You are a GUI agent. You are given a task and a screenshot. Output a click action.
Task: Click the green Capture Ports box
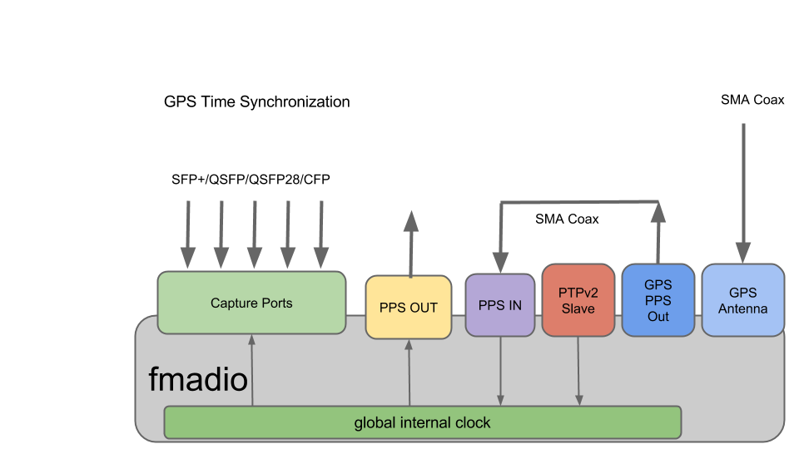(251, 303)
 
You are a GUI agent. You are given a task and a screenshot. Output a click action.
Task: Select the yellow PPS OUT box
(408, 308)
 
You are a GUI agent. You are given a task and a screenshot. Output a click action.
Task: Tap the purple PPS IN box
(499, 305)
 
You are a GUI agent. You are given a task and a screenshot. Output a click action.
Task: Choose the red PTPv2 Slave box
(578, 300)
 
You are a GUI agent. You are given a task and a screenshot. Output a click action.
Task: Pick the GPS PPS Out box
(658, 300)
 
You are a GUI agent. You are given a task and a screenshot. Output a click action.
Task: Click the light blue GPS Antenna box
(742, 300)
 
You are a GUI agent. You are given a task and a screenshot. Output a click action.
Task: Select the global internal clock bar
(422, 422)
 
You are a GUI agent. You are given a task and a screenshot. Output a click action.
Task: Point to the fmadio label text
(198, 380)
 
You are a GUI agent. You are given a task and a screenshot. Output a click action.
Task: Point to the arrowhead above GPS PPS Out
(658, 213)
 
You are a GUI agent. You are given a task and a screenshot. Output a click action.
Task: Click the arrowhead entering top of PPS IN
(500, 262)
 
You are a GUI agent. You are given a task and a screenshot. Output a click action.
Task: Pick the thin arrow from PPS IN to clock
(500, 371)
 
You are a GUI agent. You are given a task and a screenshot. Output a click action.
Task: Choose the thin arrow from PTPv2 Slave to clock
(578, 371)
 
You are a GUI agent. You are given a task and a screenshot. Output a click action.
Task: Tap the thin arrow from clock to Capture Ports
(251, 370)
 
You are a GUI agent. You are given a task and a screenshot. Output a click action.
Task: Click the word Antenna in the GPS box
(742, 308)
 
